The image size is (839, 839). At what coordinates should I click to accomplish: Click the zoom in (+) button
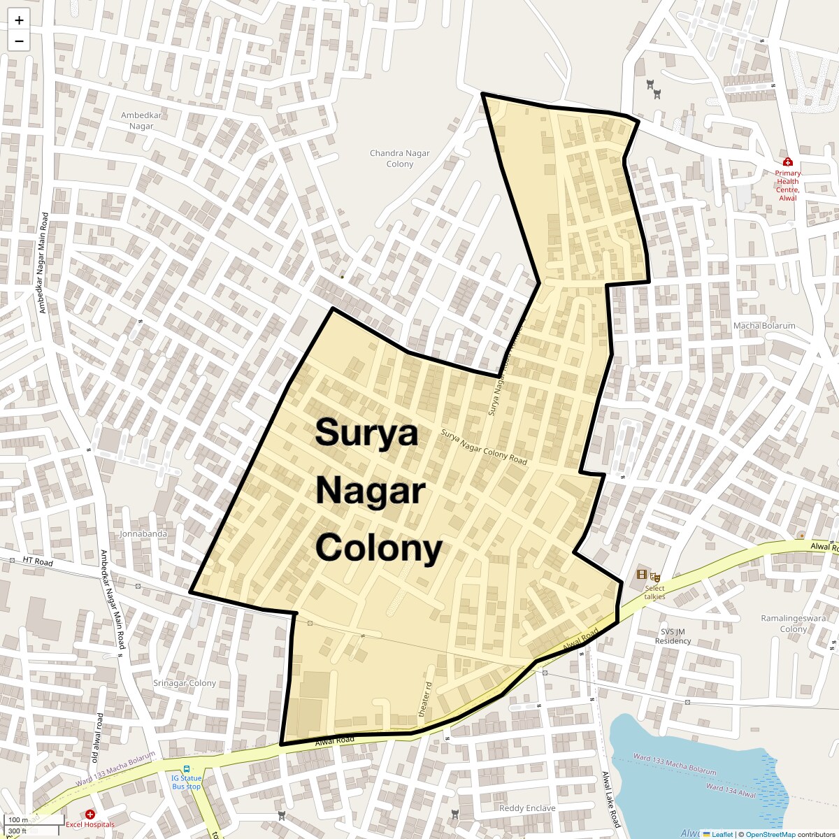pyautogui.click(x=19, y=20)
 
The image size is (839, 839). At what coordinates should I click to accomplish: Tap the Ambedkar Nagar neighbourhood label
pyautogui.click(x=141, y=121)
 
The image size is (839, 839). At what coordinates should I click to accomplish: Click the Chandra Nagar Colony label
pyautogui.click(x=400, y=159)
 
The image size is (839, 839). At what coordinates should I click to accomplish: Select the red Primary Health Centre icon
pyautogui.click(x=788, y=162)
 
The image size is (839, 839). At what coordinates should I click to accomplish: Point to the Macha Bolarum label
pyautogui.click(x=764, y=326)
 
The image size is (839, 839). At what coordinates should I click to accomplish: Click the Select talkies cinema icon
pyautogui.click(x=642, y=575)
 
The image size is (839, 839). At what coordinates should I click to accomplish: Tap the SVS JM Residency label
pyautogui.click(x=673, y=636)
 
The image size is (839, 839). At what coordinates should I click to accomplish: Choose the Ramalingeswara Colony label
pyautogui.click(x=794, y=624)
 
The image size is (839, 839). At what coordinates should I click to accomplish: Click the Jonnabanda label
pyautogui.click(x=144, y=534)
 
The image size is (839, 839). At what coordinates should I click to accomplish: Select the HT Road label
pyautogui.click(x=38, y=561)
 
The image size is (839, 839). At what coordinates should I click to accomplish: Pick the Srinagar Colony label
pyautogui.click(x=185, y=683)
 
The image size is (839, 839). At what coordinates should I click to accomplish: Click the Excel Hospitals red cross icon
pyautogui.click(x=90, y=815)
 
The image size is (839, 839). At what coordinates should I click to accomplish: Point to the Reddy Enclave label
pyautogui.click(x=527, y=808)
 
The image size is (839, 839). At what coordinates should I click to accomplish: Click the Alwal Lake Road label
pyautogui.click(x=610, y=799)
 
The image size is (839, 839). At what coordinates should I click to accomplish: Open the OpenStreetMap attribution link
pyautogui.click(x=770, y=834)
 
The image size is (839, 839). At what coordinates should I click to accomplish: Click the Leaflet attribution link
pyautogui.click(x=722, y=834)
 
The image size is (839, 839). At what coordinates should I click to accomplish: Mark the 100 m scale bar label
pyautogui.click(x=18, y=819)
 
